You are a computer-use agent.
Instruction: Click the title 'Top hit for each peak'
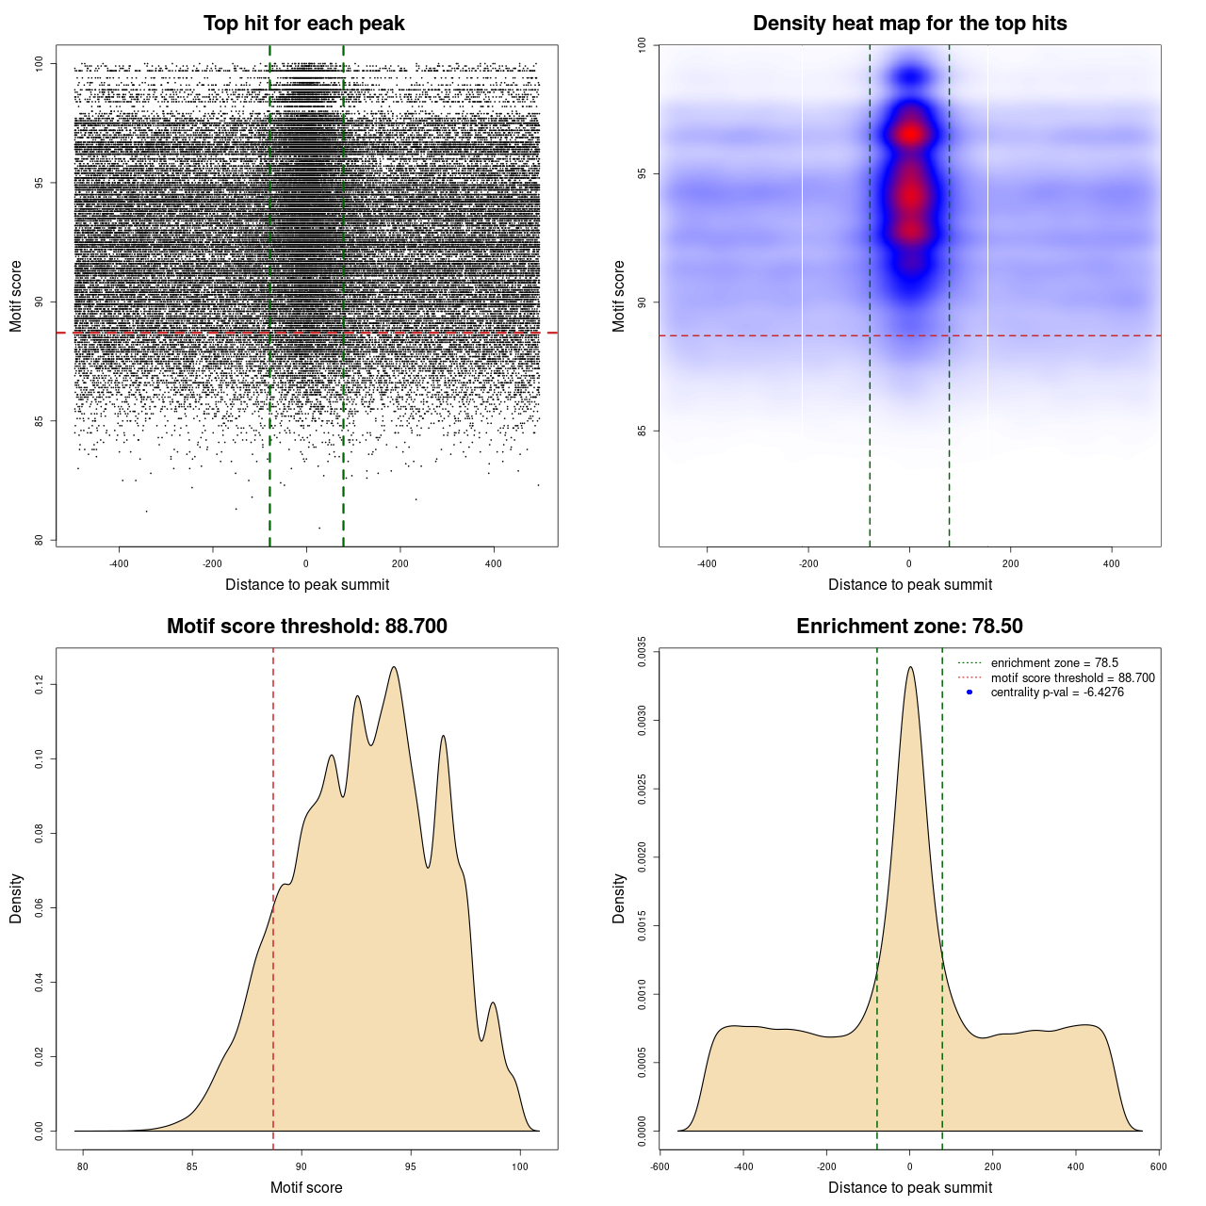303,24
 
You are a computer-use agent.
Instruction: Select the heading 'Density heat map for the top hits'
909,24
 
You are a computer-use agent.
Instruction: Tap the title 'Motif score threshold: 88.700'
306,627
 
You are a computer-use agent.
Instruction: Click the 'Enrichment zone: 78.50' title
909,627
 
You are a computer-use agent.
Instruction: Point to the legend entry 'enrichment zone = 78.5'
1054,663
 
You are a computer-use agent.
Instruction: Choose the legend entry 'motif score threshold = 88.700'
1072,678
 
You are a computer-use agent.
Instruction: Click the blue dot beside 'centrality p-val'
970,693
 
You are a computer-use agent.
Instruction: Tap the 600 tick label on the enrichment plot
1158,1166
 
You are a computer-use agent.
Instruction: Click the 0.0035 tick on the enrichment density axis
643,652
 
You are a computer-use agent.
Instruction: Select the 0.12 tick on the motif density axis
40,684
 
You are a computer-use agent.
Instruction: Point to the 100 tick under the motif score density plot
520,1166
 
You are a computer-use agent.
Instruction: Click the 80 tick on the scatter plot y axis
40,540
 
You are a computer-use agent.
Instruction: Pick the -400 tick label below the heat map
707,563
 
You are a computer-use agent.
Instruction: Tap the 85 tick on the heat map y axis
643,431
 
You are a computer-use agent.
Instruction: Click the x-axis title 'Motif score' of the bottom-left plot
306,1187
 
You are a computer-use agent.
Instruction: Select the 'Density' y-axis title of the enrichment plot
619,898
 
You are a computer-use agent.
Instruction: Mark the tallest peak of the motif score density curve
394,667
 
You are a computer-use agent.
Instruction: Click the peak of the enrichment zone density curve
910,667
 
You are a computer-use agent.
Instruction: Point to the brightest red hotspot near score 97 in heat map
910,134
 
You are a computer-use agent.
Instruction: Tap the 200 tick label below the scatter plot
400,563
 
